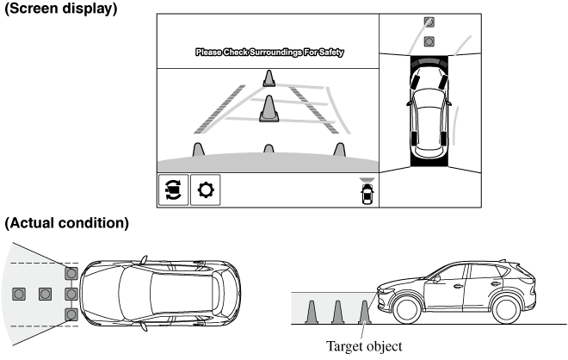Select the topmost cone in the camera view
point(269,78)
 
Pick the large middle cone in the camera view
point(269,107)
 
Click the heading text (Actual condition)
point(67,223)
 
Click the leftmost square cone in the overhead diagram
point(18,294)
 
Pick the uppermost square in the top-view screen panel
point(429,23)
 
